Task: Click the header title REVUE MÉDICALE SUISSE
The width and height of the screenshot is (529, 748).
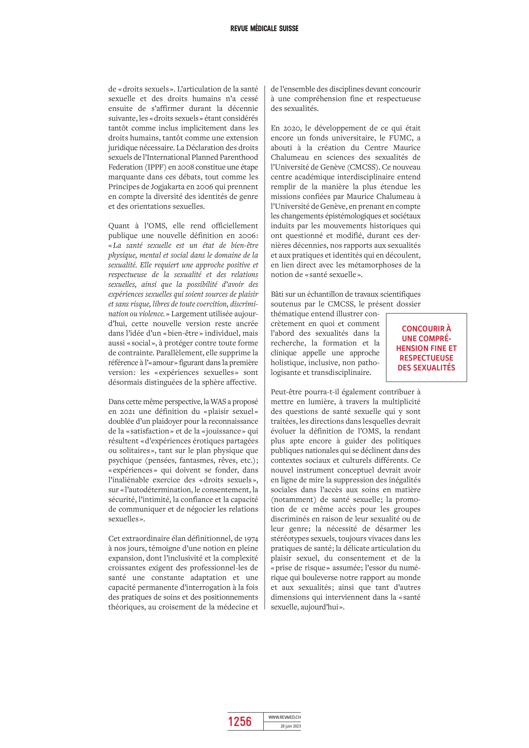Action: (264, 29)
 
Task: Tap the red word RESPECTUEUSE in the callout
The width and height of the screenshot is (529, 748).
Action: (426, 358)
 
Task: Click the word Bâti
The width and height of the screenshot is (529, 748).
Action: (278, 294)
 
